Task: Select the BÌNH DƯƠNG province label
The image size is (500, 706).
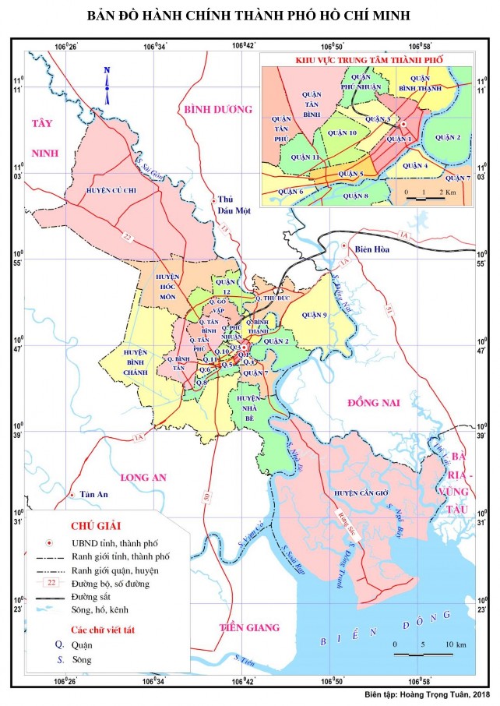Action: [218, 110]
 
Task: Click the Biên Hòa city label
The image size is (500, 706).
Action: [371, 250]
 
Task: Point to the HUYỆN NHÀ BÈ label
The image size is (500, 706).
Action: [248, 406]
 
